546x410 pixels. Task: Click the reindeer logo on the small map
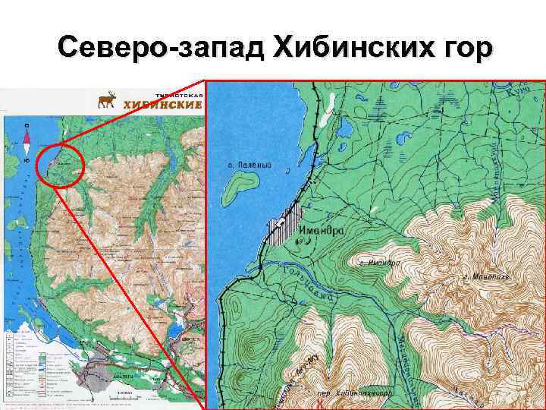point(107,102)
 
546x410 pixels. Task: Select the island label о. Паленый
point(250,165)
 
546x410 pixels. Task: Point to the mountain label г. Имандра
point(380,262)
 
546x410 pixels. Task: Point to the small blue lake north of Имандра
point(346,126)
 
